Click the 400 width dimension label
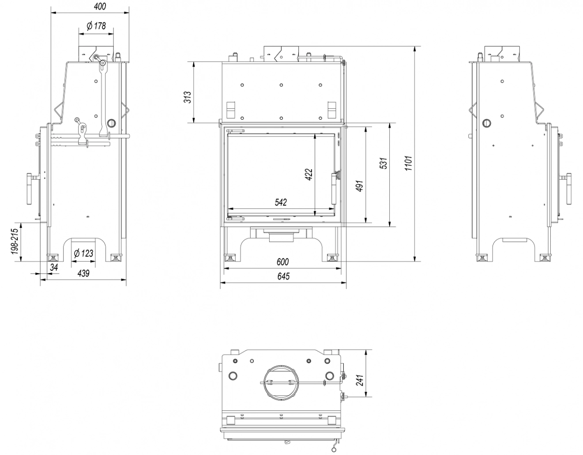tap(100, 6)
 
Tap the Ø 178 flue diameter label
tap(96, 26)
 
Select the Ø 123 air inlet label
tap(83, 253)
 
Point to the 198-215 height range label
tap(15, 242)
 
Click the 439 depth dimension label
tap(83, 273)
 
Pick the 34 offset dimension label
tap(54, 267)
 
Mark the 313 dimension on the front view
tap(188, 97)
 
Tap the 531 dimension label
tap(384, 163)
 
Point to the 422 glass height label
tap(308, 174)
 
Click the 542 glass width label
tap(281, 202)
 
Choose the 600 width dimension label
tap(282, 262)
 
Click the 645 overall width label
tap(283, 277)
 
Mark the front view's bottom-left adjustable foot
tap(229, 258)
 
